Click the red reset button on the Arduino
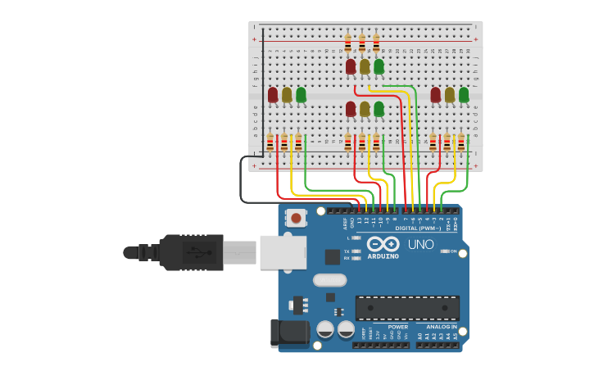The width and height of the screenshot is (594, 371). pyautogui.click(x=296, y=218)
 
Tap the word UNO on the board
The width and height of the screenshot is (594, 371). pyautogui.click(x=420, y=244)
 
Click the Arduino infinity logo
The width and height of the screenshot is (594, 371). pyautogui.click(x=383, y=243)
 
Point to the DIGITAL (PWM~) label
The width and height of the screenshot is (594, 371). pyautogui.click(x=418, y=228)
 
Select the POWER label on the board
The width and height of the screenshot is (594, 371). pyautogui.click(x=398, y=327)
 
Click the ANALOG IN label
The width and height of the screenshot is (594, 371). pyautogui.click(x=442, y=327)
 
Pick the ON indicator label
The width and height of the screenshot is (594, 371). pyautogui.click(x=453, y=251)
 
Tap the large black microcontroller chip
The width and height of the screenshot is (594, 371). pyautogui.click(x=407, y=308)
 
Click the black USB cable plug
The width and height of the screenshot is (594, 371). pyautogui.click(x=192, y=252)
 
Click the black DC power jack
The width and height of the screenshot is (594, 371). pyautogui.click(x=288, y=332)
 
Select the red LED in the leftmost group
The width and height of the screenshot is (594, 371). pyautogui.click(x=273, y=95)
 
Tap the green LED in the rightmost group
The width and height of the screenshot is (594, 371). pyautogui.click(x=464, y=95)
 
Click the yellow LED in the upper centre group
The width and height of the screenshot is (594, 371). pyautogui.click(x=365, y=66)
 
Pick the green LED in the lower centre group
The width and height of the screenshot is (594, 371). pyautogui.click(x=379, y=109)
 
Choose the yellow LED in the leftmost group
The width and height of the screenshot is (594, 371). pyautogui.click(x=287, y=95)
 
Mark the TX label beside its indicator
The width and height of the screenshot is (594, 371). pyautogui.click(x=347, y=251)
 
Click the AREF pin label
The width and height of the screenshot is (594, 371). pyautogui.click(x=345, y=222)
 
